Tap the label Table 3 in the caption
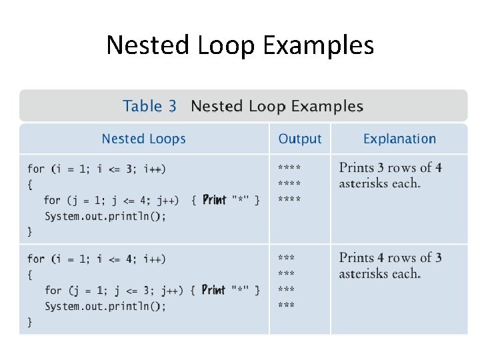coord(150,106)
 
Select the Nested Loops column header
coord(143,139)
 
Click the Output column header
coord(300,139)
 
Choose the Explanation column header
coord(399,139)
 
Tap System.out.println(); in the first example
coord(105,216)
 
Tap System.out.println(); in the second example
coord(105,306)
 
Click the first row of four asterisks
coord(289,168)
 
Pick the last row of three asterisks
coord(287,306)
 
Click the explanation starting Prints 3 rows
coord(390,175)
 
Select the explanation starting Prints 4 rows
coord(390,265)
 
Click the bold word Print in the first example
coord(214,199)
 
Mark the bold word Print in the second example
coord(213,289)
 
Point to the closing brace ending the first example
coord(29,231)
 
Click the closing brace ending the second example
coord(29,321)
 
